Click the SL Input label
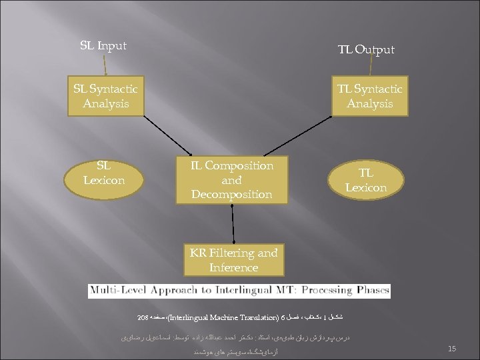pos(103,46)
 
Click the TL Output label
pos(365,49)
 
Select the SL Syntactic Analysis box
pos(105,97)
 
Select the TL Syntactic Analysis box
pos(370,97)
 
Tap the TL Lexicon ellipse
pos(366,180)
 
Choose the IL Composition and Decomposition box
pos(232,179)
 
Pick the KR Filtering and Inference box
pos(233,260)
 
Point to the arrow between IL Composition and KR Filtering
pos(234,223)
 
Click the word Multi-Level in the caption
pos(117,291)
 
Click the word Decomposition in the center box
pos(232,194)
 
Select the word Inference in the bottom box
pos(233,267)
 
